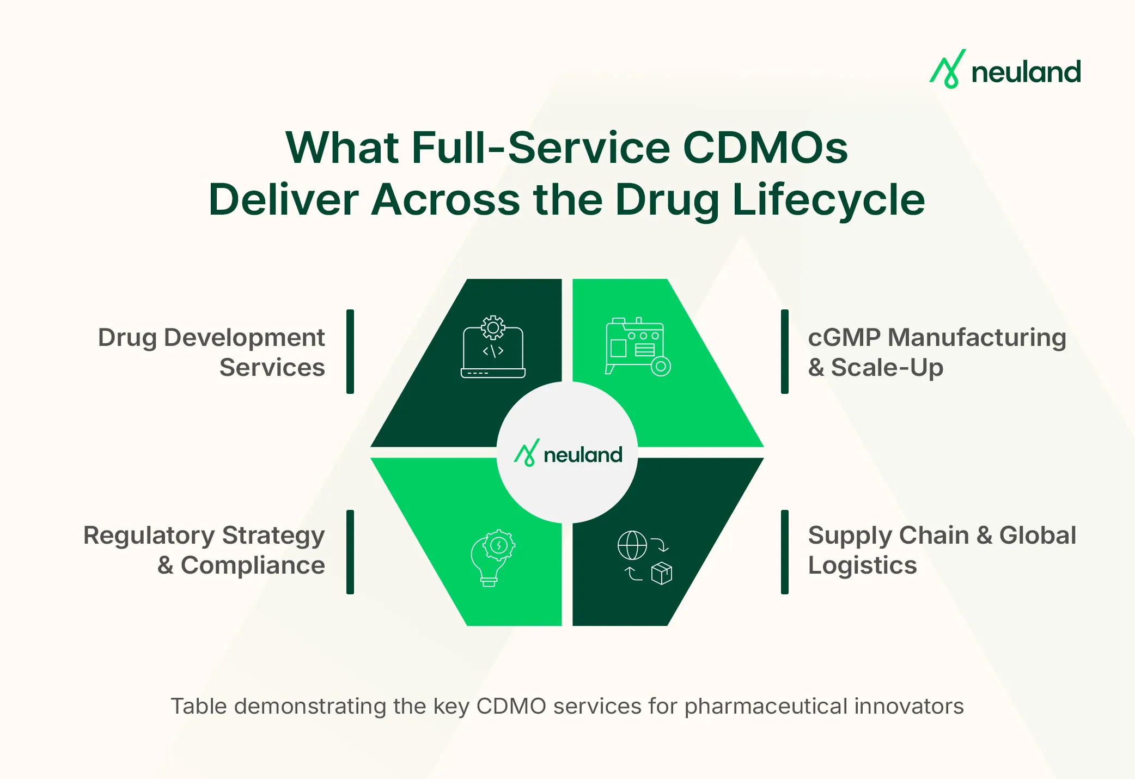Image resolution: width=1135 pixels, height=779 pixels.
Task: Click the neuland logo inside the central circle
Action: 568,453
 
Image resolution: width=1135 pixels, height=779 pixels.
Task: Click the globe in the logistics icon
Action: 632,545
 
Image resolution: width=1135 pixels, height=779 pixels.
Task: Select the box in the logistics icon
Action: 662,573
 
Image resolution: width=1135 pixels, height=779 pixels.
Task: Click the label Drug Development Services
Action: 212,352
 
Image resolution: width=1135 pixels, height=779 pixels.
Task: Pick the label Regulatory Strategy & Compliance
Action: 205,550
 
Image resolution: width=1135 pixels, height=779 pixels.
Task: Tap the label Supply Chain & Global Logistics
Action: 941,550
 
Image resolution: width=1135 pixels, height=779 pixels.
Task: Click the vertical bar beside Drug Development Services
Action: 350,351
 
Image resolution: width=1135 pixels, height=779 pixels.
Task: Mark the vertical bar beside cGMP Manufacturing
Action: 784,351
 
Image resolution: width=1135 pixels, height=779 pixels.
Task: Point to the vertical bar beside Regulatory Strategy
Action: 350,551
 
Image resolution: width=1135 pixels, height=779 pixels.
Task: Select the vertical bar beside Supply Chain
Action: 784,551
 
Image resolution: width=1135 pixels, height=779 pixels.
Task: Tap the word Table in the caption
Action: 198,706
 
